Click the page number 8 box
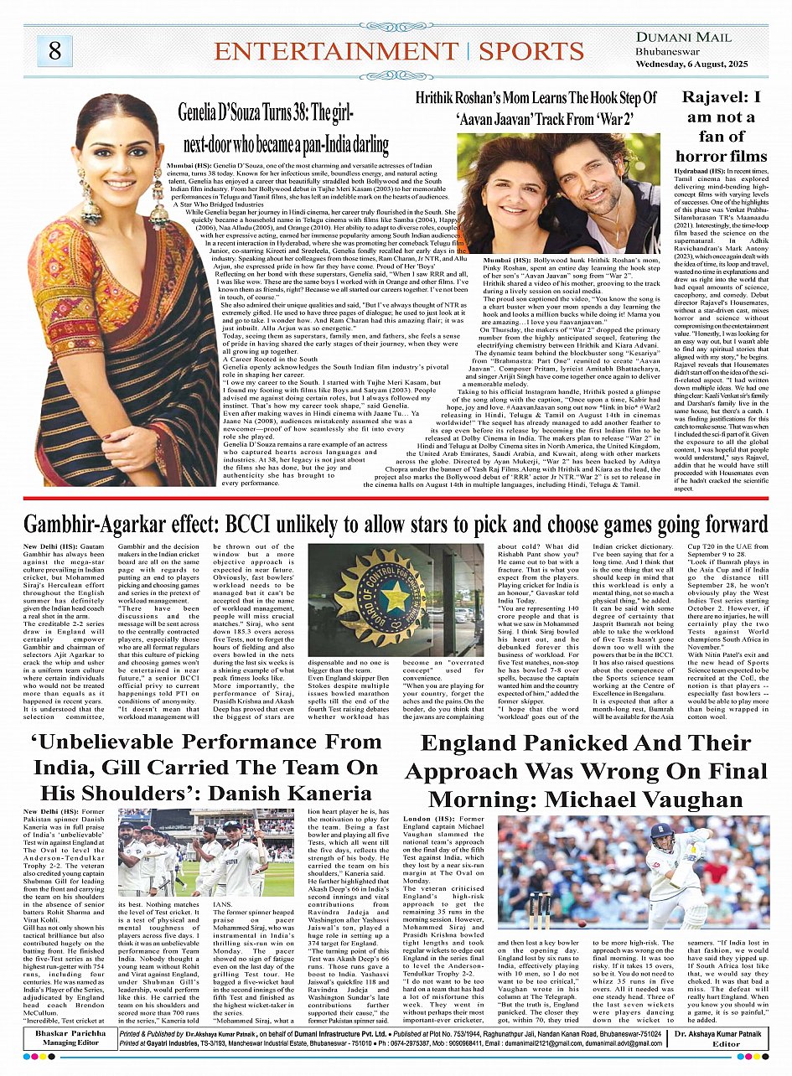click(x=54, y=50)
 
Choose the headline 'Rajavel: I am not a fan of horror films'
click(x=722, y=126)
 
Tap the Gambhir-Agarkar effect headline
click(x=396, y=525)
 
